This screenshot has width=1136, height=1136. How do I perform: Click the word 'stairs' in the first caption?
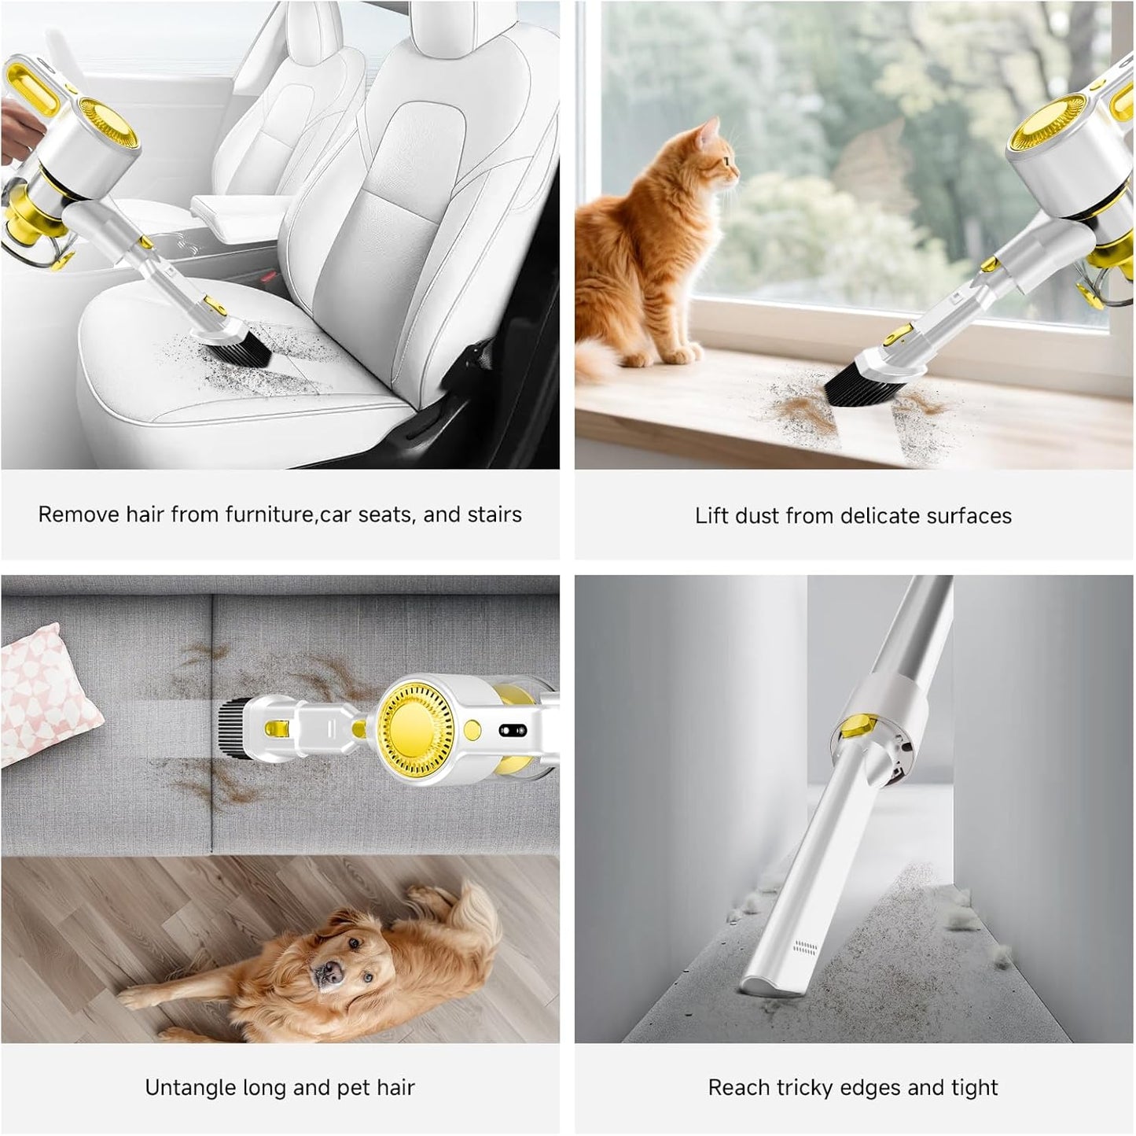coord(494,515)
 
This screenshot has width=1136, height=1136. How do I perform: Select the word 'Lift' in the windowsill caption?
coord(711,516)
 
